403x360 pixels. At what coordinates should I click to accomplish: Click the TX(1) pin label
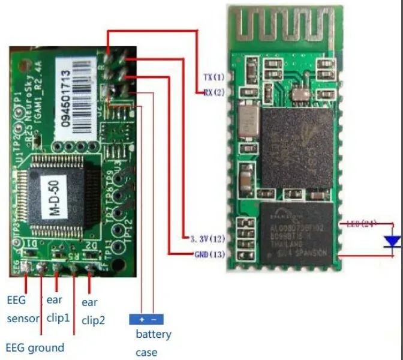[x=213, y=77]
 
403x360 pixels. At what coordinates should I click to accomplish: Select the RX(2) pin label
[x=213, y=92]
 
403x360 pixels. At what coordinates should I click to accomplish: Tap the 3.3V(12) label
[x=207, y=239]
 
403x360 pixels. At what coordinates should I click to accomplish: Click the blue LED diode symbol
[x=393, y=242]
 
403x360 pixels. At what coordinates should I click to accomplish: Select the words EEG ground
[x=35, y=347]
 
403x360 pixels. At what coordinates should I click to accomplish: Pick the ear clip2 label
[x=94, y=311]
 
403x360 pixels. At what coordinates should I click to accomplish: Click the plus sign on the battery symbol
[x=142, y=320]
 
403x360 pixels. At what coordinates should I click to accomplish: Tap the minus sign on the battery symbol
[x=154, y=320]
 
